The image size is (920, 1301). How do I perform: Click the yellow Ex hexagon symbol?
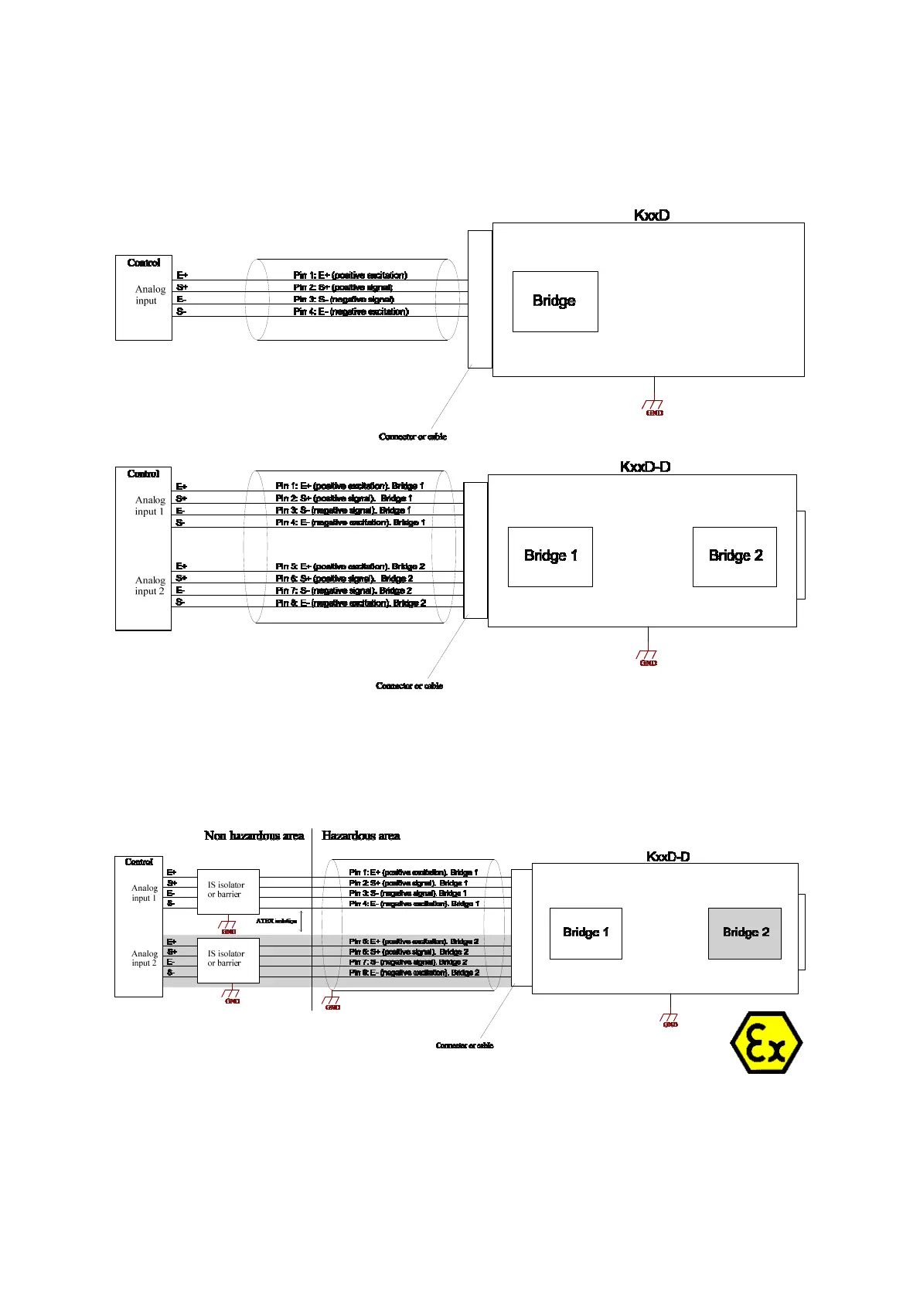pyautogui.click(x=766, y=1043)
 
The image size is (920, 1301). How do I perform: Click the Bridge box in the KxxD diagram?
pyautogui.click(x=555, y=301)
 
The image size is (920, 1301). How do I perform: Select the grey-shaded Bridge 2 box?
pyautogui.click(x=745, y=933)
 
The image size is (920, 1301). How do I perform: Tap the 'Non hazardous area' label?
pyautogui.click(x=254, y=836)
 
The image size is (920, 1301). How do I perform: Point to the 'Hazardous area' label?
pyautogui.click(x=360, y=836)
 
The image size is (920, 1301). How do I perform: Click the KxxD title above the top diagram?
pyautogui.click(x=651, y=216)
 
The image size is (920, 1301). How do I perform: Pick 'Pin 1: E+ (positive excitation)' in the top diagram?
pyautogui.click(x=350, y=275)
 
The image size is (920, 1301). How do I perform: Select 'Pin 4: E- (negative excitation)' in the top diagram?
pyautogui.click(x=351, y=312)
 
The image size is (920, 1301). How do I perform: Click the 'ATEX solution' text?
pyautogui.click(x=276, y=921)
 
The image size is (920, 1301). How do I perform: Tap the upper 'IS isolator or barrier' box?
pyautogui.click(x=228, y=892)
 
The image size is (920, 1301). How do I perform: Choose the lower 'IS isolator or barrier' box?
pyautogui.click(x=228, y=960)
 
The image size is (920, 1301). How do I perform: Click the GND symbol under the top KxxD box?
pyautogui.click(x=654, y=407)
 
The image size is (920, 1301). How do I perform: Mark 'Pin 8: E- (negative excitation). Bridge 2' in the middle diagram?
pyautogui.click(x=351, y=603)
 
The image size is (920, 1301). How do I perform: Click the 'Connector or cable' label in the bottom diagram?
pyautogui.click(x=465, y=1045)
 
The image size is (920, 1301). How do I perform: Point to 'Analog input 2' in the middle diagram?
pyautogui.click(x=150, y=586)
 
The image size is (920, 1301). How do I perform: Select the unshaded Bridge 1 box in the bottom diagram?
pyautogui.click(x=585, y=933)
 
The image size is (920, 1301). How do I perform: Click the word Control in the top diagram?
pyautogui.click(x=144, y=263)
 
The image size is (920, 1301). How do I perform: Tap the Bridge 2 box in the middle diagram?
pyautogui.click(x=734, y=556)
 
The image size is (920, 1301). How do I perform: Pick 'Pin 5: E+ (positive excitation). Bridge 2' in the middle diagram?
pyautogui.click(x=350, y=566)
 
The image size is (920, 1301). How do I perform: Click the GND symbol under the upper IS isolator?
pyautogui.click(x=229, y=927)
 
